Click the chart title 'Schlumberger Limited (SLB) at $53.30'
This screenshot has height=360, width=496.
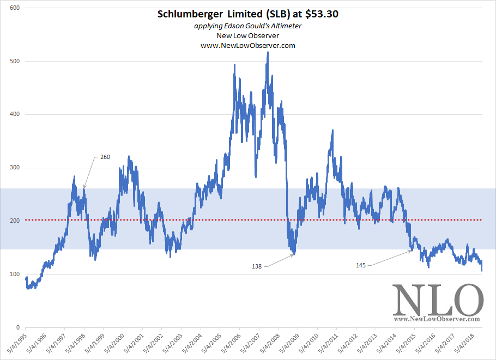pos(248,15)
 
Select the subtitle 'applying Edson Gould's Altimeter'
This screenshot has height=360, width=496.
pos(248,27)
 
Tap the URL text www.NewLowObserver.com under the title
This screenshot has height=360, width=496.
pos(248,45)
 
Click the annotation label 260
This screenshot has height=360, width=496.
pos(105,157)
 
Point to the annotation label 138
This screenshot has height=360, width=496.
pos(257,266)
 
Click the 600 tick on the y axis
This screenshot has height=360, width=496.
pos(15,8)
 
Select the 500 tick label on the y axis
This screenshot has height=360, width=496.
pos(15,61)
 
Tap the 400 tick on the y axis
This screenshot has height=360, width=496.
pos(15,114)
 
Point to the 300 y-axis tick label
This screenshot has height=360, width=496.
pos(15,168)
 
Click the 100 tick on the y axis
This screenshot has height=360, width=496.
pos(15,274)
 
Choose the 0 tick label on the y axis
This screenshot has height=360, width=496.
pos(18,327)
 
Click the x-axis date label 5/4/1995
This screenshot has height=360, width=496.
pos(16,343)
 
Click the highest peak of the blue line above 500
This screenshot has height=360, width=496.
pos(268,52)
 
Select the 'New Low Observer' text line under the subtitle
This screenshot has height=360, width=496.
pos(248,36)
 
